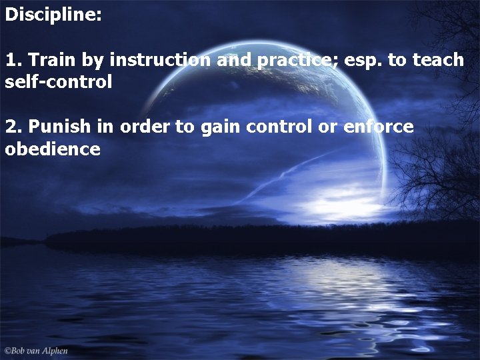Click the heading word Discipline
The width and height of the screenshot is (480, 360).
(53, 15)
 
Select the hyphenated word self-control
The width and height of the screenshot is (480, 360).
(58, 83)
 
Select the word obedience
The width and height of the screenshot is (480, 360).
(53, 149)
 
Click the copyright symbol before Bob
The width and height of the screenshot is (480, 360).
(7, 351)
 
